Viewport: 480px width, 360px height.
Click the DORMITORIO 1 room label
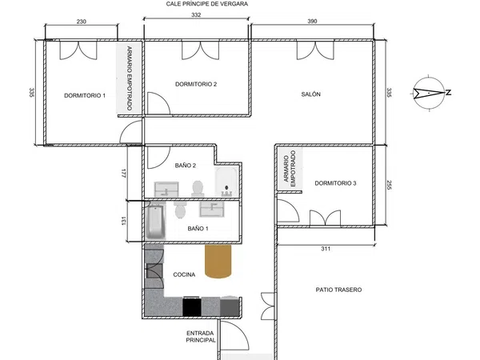[x=85, y=95]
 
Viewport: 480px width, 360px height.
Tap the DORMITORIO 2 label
[x=196, y=84]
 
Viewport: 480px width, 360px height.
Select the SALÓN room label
[x=310, y=94]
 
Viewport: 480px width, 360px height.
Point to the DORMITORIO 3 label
[x=335, y=183]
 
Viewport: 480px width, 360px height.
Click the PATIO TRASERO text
[x=338, y=290]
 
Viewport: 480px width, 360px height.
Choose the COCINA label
[x=184, y=274]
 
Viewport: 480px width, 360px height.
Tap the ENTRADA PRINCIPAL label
[x=201, y=337]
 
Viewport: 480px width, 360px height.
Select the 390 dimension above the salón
[x=312, y=21]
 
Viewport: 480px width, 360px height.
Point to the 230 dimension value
[x=81, y=22]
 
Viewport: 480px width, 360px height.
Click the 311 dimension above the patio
[x=326, y=249]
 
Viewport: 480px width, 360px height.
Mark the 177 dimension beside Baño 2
[x=123, y=174]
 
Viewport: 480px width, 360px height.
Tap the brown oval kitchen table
[x=218, y=262]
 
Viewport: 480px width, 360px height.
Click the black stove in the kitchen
[x=192, y=306]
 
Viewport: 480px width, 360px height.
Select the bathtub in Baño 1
[x=155, y=222]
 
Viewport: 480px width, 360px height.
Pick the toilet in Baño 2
[x=198, y=188]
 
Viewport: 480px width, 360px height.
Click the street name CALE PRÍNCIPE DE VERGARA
[x=207, y=4]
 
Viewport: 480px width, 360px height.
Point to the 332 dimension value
[x=196, y=14]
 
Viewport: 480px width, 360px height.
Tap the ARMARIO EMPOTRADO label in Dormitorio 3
[x=290, y=168]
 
